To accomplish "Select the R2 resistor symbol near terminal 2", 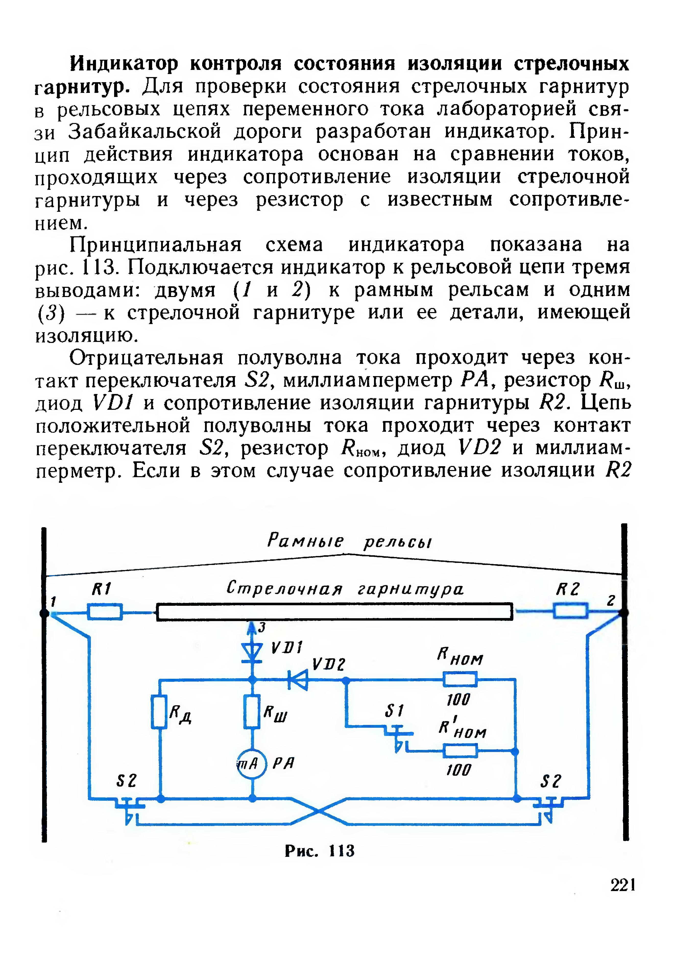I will [x=571, y=612].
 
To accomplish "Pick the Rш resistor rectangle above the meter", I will [x=252, y=712].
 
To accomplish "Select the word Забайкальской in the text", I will [x=145, y=132].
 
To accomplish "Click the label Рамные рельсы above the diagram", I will [x=349, y=541].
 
